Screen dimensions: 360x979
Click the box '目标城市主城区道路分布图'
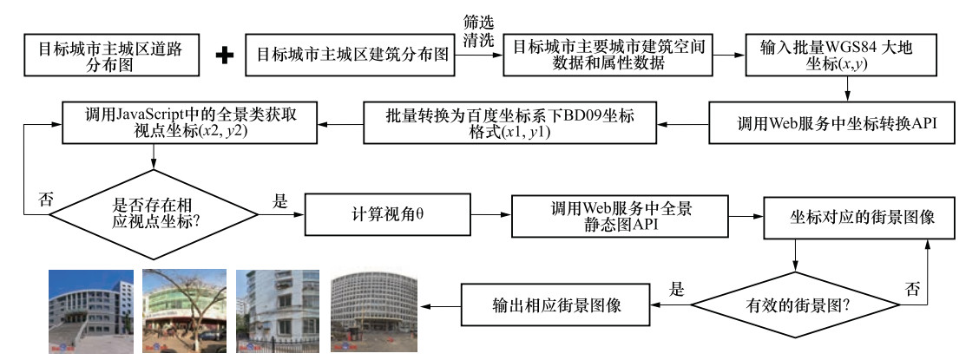(x=111, y=54)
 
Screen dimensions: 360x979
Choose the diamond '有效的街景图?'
(x=795, y=304)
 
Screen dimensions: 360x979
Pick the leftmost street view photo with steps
(x=92, y=309)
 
